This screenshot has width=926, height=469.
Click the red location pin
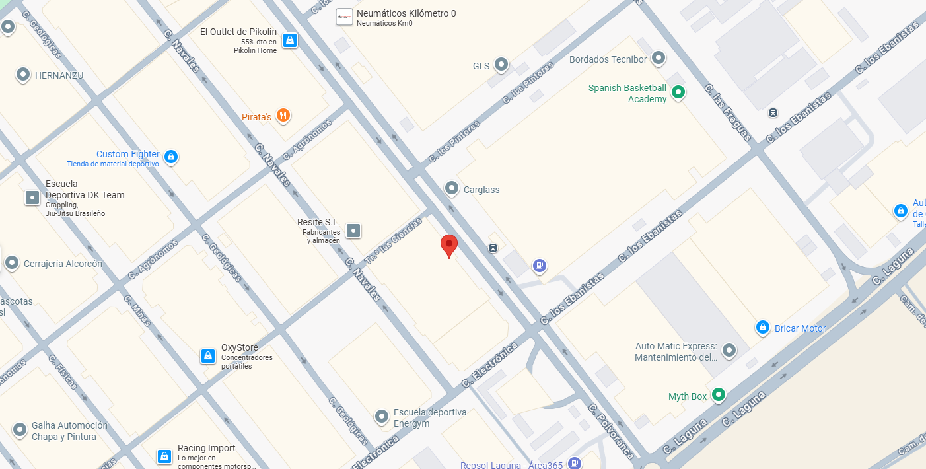[449, 245]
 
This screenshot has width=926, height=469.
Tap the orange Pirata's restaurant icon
[283, 116]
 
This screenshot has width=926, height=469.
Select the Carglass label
[481, 190]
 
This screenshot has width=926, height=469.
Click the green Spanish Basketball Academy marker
[678, 93]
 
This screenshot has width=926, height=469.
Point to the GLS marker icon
[501, 65]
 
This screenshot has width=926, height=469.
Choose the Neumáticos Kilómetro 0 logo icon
[344, 17]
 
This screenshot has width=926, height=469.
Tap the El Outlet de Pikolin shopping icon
[289, 40]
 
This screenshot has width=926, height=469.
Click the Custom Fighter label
[128, 154]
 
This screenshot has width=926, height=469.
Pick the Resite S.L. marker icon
[353, 231]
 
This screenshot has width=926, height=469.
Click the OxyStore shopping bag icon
[208, 356]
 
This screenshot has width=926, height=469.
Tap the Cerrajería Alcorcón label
[63, 264]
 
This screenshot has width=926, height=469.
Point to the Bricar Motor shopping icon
[762, 328]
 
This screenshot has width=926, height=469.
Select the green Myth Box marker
[719, 396]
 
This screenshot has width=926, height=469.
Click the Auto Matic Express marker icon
[729, 350]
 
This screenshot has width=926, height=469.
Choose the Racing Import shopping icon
[164, 456]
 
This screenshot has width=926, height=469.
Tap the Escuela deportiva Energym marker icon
[382, 417]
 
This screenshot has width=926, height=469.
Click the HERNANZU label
[59, 75]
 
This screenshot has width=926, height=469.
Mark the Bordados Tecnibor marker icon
[658, 59]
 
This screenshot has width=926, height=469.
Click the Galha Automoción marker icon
[20, 430]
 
